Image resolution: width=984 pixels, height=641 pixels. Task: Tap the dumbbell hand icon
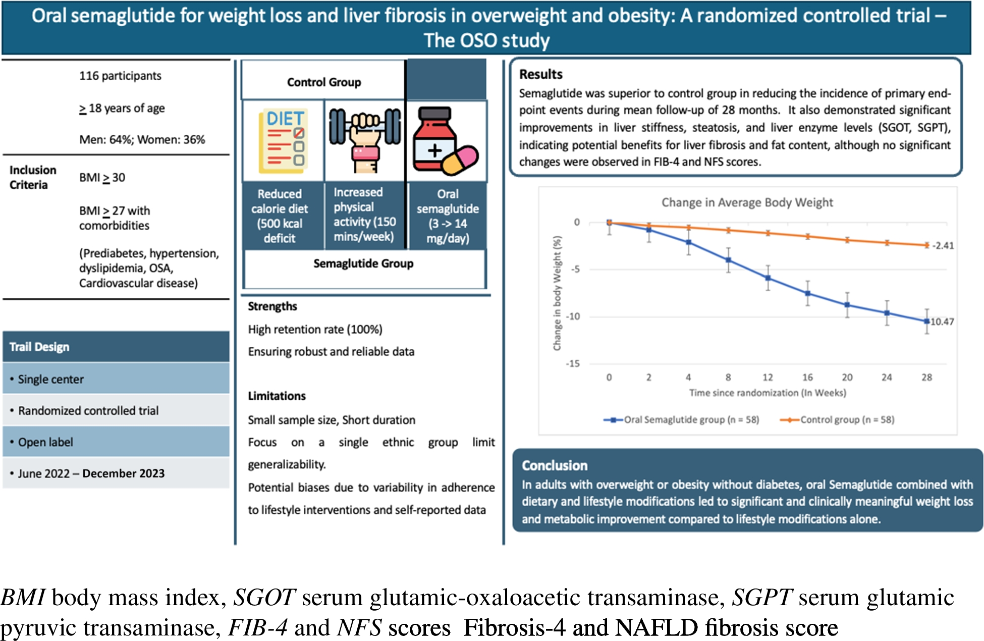[x=365, y=140]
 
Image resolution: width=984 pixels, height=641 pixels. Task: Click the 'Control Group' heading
[x=324, y=82]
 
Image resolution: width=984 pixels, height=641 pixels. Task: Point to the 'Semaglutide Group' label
[x=363, y=263]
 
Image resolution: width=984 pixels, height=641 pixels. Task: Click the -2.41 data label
[x=943, y=246]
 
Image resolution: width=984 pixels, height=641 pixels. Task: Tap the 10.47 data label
[x=942, y=322]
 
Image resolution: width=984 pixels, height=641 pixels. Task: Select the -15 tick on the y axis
[x=573, y=363]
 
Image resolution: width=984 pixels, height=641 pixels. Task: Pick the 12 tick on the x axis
[x=768, y=377]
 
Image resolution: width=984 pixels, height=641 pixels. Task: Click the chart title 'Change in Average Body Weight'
[x=747, y=202]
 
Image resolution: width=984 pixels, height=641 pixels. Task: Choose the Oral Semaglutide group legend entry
[x=681, y=419]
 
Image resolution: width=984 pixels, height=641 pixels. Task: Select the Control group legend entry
[x=837, y=419]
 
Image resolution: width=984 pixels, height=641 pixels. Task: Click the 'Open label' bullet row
[x=116, y=442]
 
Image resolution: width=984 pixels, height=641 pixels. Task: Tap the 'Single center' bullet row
[x=116, y=379]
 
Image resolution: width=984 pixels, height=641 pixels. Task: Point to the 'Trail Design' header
[x=116, y=347]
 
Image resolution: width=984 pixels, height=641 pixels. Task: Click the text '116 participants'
[x=120, y=76]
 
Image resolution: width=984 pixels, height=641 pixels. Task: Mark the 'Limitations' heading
[x=277, y=396]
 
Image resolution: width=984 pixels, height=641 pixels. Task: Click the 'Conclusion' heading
[x=555, y=465]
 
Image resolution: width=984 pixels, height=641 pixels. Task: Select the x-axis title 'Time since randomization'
[x=768, y=393]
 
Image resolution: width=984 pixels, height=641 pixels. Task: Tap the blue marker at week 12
[x=768, y=278]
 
